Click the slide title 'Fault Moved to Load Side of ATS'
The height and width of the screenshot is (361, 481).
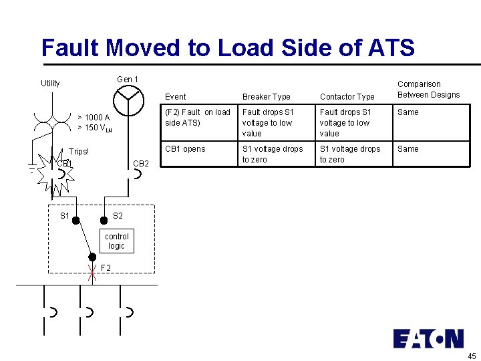228,48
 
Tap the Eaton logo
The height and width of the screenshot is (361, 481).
428,338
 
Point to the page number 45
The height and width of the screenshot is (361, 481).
472,355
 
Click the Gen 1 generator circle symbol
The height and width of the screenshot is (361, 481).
128,101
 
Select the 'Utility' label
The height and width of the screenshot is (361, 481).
50,84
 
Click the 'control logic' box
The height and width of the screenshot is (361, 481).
116,241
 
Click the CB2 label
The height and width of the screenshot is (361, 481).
141,164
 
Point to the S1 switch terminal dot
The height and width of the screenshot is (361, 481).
76,219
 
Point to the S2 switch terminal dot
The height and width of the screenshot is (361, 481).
104,219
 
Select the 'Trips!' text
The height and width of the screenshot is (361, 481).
79,152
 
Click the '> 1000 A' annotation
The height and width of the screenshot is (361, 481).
94,118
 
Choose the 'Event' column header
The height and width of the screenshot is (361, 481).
176,97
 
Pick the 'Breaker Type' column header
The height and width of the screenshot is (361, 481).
267,97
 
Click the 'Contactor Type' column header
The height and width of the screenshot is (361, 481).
347,97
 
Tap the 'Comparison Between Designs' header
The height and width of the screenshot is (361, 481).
428,90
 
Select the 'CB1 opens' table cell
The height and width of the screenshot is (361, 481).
185,149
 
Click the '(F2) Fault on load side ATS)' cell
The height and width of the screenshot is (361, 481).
197,118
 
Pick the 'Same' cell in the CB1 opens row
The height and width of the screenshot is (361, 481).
408,149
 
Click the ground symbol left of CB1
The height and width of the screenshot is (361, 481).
32,168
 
